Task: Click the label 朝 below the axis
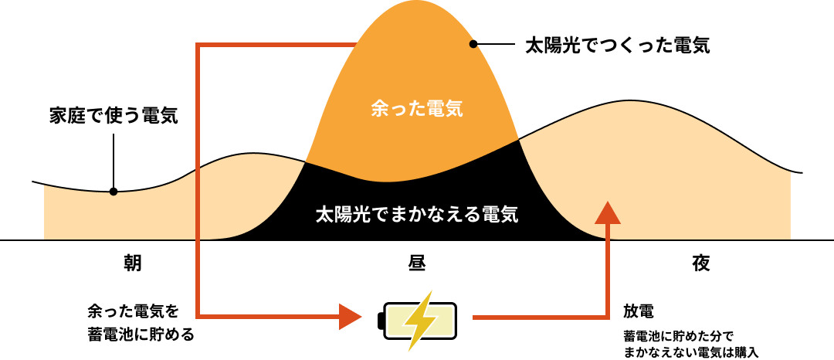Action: coord(133,263)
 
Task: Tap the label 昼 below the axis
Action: coord(417,263)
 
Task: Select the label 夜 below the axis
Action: coord(700,263)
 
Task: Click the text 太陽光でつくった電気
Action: coord(618,46)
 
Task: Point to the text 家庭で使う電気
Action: coord(114,117)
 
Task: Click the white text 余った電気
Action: coord(417,110)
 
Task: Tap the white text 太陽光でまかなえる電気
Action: coord(417,215)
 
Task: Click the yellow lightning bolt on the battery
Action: coord(420,321)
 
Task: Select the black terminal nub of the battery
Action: coord(380,321)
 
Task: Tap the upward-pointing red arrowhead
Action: coord(607,212)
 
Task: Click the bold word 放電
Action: coord(639,310)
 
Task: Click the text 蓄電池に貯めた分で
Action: coord(678,336)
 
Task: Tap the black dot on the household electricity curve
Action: coord(114,192)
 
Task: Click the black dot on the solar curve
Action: coord(473,45)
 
